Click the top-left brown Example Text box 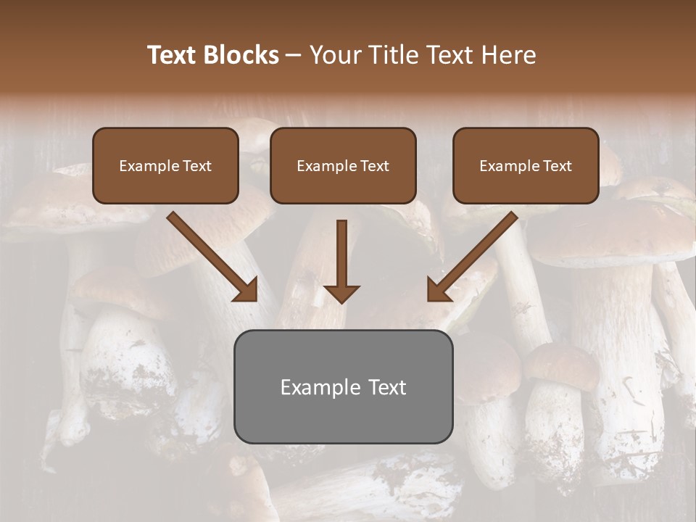coord(165,165)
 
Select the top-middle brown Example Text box coord(343,165)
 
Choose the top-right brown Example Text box coord(526,165)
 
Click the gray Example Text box coord(343,386)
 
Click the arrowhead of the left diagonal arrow coord(246,290)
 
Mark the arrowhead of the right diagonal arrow coord(438,290)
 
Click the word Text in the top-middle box coord(375,166)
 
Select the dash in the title coord(294,55)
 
